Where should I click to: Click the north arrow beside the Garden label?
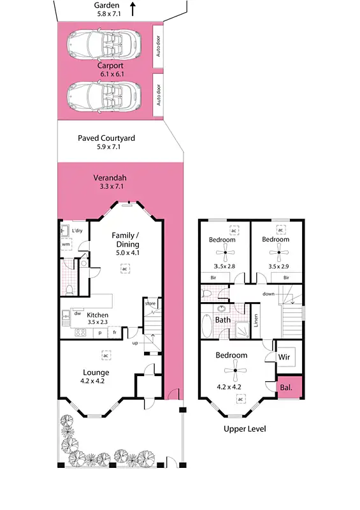tap(133, 9)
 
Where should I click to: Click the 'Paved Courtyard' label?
tap(106, 138)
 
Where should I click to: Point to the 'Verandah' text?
tap(106, 177)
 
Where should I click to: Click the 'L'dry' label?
tap(78, 231)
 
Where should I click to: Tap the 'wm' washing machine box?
tap(66, 244)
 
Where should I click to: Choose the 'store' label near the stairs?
tap(150, 303)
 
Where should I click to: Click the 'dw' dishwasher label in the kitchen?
tap(76, 313)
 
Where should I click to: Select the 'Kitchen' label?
tap(97, 315)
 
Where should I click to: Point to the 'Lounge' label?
tap(96, 373)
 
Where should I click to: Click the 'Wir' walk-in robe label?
tap(284, 358)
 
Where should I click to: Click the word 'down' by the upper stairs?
tap(268, 294)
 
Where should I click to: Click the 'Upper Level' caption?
tap(245, 429)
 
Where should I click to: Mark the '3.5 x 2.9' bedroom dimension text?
tap(280, 266)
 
